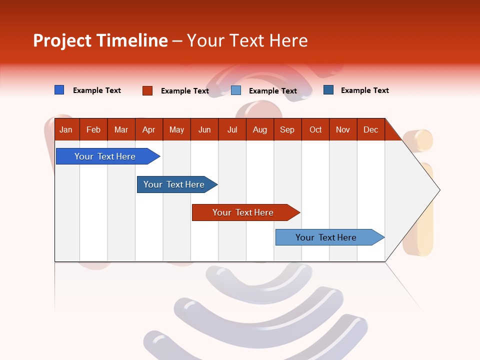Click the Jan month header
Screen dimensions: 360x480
[x=66, y=130]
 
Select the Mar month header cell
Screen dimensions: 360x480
[x=121, y=130]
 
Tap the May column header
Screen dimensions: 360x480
[x=176, y=130]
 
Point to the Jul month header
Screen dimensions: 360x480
[x=232, y=130]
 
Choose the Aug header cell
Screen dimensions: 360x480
[x=259, y=130]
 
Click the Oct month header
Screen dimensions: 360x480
[x=315, y=130]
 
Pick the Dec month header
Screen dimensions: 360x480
[x=370, y=130]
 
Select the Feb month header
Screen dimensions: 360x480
[x=93, y=130]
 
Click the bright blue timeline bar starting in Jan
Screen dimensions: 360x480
[x=105, y=156]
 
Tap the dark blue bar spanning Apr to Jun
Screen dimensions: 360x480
[x=174, y=184]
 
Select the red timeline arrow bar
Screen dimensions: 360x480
[x=243, y=212]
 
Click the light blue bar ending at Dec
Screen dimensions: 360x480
[x=326, y=237]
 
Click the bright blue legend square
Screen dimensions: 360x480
[x=59, y=90]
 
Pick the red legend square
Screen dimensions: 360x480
[x=147, y=90]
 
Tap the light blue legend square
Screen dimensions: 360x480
[x=236, y=90]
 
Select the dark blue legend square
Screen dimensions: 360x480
[x=328, y=90]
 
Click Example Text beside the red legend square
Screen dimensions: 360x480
[x=184, y=91]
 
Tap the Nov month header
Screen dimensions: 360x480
[x=343, y=130]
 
